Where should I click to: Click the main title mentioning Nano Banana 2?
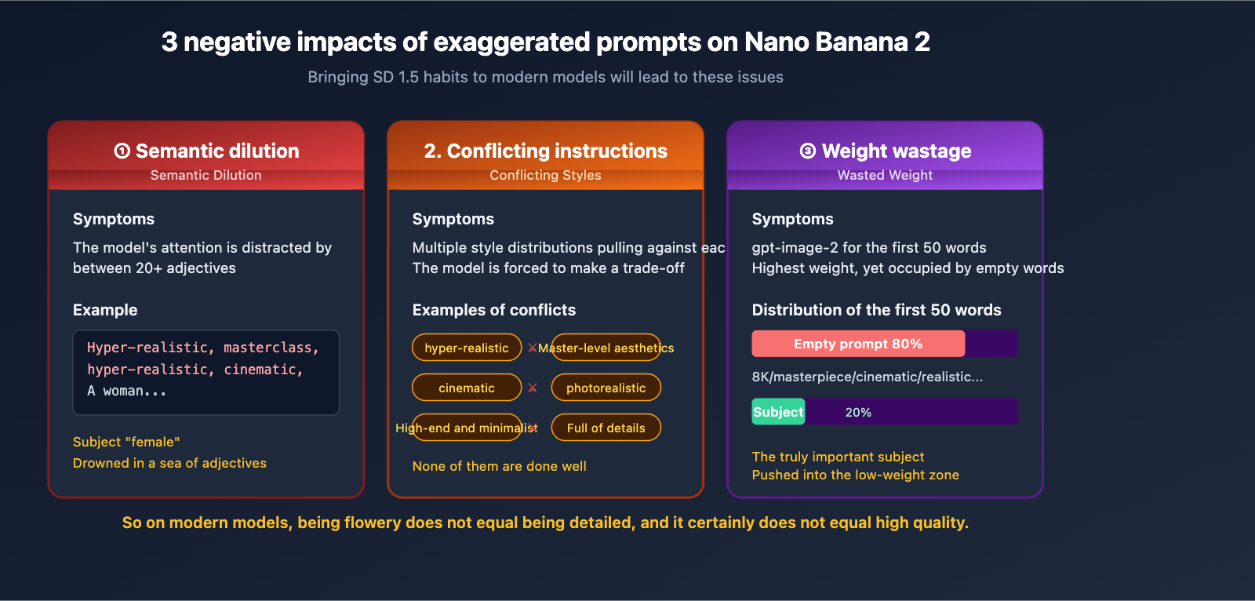(x=545, y=42)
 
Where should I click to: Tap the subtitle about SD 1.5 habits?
(x=545, y=77)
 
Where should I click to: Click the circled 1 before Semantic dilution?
(x=122, y=151)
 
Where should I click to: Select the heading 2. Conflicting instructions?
(x=545, y=151)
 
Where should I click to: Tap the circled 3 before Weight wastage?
(x=807, y=151)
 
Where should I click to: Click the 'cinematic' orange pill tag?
(x=467, y=388)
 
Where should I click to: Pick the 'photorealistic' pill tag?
(x=606, y=388)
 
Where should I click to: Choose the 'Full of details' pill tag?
(x=606, y=428)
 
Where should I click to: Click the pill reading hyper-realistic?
(x=467, y=348)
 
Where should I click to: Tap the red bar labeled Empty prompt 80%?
(x=858, y=344)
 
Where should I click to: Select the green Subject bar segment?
(x=778, y=412)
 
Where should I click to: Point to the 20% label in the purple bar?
(x=858, y=412)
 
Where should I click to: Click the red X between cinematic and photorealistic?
(x=533, y=388)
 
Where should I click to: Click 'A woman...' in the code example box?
(x=127, y=391)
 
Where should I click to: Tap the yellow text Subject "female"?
(x=126, y=442)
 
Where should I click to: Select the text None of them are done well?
(x=499, y=466)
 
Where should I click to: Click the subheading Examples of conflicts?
(x=493, y=310)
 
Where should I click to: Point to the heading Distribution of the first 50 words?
(x=876, y=310)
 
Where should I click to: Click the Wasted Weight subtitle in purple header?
(x=885, y=175)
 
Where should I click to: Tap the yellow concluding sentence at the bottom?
(x=545, y=523)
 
